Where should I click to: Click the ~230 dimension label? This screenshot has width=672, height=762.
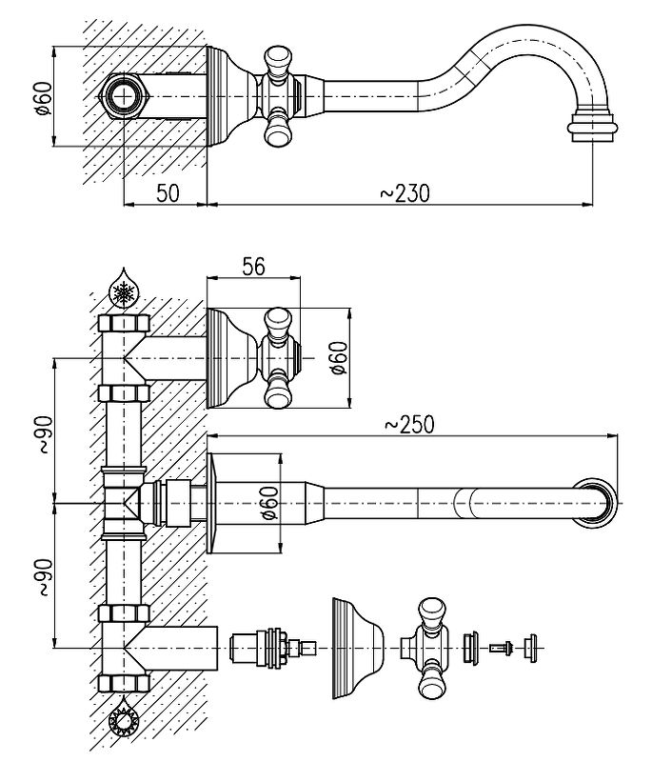(x=405, y=192)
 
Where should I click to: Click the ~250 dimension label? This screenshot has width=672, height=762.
(x=409, y=425)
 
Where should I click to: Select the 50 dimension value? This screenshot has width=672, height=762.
(x=167, y=192)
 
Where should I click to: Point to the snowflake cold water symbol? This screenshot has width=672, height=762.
(x=123, y=291)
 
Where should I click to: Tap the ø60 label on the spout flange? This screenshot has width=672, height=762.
(x=269, y=502)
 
